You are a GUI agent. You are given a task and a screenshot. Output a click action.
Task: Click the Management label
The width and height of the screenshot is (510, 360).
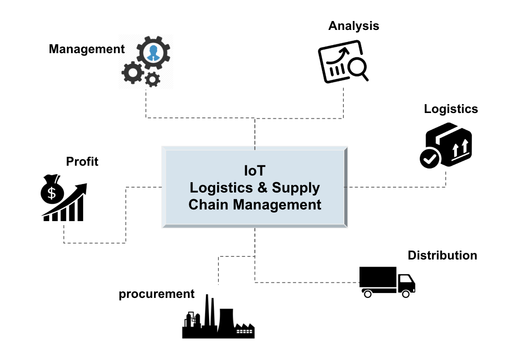(x=87, y=49)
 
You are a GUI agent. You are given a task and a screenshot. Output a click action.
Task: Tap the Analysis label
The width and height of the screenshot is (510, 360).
(x=353, y=26)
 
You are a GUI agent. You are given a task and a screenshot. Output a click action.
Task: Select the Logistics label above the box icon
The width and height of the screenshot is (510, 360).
(x=451, y=109)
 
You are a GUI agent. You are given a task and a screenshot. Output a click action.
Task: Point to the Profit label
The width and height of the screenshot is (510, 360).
(x=82, y=161)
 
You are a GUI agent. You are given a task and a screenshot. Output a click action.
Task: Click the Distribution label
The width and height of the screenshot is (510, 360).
(x=442, y=255)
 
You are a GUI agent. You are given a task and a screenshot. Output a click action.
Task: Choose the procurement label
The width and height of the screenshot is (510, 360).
(x=156, y=294)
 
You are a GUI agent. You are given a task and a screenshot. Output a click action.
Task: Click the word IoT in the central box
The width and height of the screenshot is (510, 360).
(x=255, y=171)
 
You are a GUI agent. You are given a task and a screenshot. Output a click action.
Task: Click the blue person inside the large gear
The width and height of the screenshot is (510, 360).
(x=153, y=53)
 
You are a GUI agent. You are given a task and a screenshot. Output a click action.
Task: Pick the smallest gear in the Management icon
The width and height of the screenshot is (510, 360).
(x=153, y=80)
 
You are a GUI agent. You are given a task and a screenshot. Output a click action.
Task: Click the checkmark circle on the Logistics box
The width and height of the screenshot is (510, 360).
(x=429, y=159)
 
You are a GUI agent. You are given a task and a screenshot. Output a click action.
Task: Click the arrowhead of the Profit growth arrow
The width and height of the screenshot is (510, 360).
(x=83, y=187)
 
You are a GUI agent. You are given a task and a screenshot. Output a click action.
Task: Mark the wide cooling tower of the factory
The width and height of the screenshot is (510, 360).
(x=226, y=319)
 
